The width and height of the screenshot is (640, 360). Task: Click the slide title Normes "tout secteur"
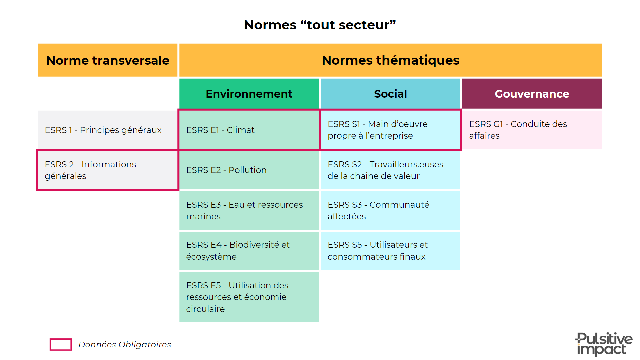(320, 25)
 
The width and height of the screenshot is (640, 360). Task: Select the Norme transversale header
(108, 60)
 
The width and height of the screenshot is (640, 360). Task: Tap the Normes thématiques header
(390, 60)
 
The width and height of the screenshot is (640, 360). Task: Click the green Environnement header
(249, 94)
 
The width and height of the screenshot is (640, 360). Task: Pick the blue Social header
(390, 94)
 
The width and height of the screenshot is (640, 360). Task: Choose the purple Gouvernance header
(532, 94)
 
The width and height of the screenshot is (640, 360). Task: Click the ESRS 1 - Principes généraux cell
(108, 130)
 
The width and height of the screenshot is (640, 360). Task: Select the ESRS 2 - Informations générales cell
(108, 170)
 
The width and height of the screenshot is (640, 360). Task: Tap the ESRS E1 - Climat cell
(249, 130)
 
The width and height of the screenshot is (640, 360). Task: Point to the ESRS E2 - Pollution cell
(249, 170)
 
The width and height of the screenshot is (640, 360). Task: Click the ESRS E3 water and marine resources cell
(249, 210)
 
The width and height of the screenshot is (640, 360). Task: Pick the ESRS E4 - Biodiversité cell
(249, 251)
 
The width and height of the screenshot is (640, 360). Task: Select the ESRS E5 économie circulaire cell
(249, 297)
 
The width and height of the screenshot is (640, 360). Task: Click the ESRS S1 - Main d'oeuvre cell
(390, 130)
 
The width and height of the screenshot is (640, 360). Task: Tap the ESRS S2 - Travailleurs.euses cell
(390, 170)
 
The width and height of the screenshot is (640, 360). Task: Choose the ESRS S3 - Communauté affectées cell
(390, 210)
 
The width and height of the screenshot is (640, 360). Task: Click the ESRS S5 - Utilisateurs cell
(390, 251)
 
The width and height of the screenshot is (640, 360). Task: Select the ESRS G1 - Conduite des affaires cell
(532, 130)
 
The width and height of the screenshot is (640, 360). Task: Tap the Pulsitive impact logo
(604, 344)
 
